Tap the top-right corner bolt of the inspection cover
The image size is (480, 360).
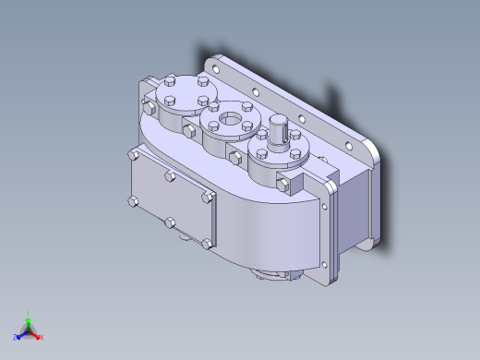(x=207, y=196)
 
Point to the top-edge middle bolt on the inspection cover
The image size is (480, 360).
(x=170, y=174)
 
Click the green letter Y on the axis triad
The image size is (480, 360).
(x=30, y=314)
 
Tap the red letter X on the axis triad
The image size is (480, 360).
(x=42, y=336)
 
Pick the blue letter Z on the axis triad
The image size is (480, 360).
(x=16, y=338)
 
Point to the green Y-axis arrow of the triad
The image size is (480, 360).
(x=30, y=322)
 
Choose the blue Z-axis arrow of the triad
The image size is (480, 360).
(x=22, y=334)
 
